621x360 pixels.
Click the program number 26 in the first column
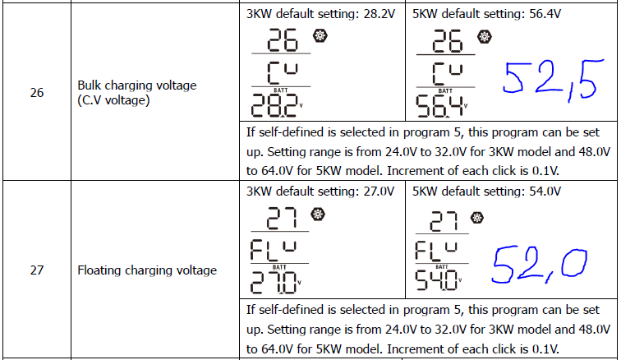tap(37, 93)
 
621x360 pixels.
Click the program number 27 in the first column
tap(37, 270)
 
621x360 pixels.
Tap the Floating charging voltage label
tap(147, 270)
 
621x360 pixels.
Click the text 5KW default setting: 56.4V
tap(485, 14)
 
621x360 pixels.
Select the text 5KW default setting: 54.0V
tap(485, 191)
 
